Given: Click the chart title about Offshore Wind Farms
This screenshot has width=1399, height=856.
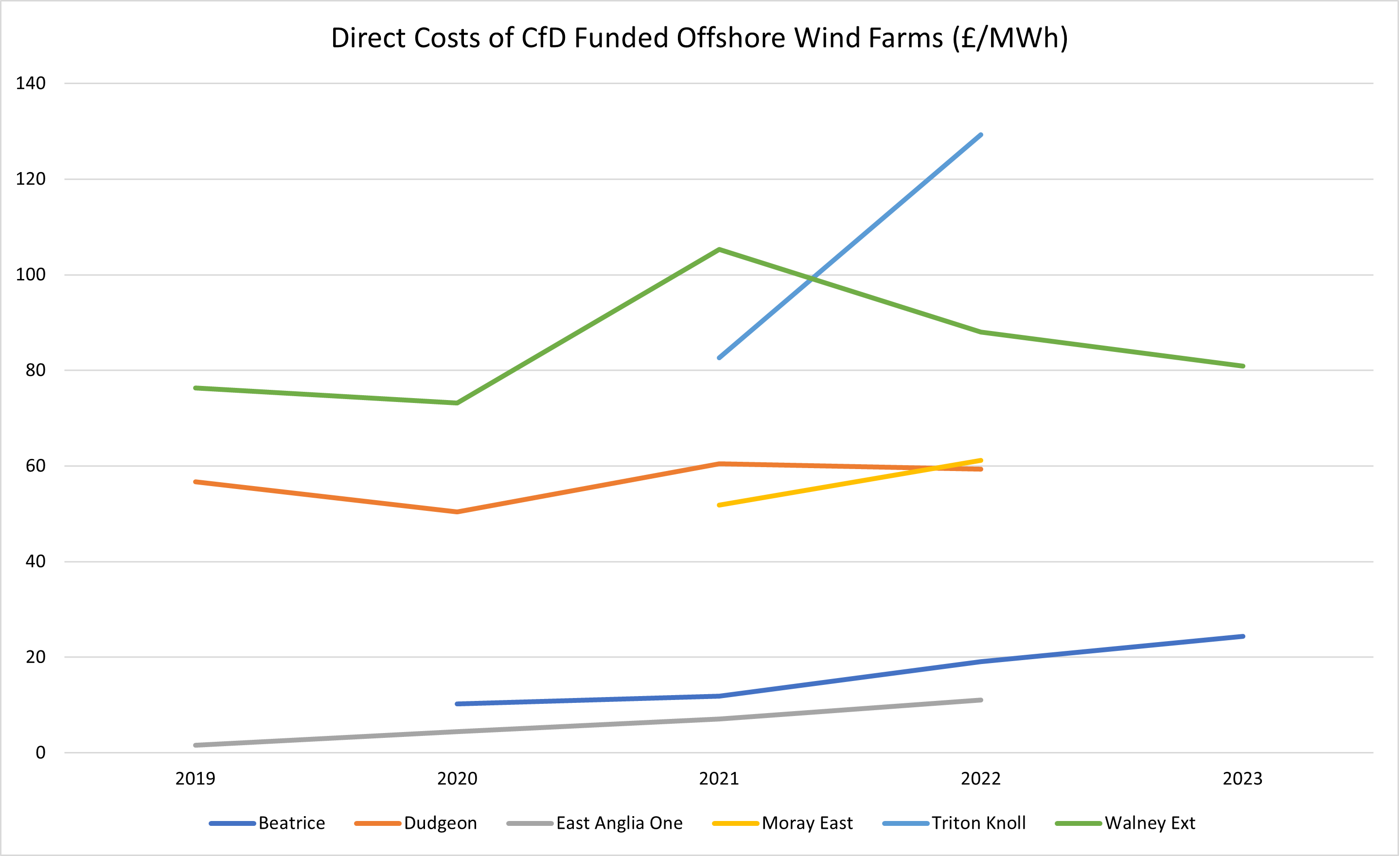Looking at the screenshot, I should pyautogui.click(x=699, y=38).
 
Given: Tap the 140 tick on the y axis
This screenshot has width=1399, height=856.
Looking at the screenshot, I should pyautogui.click(x=31, y=84).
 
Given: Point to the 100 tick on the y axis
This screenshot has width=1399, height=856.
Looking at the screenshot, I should pyautogui.click(x=31, y=275).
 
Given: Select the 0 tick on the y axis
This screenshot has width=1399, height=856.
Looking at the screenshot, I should pyautogui.click(x=40, y=752).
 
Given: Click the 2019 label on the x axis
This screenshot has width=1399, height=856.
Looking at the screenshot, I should pyautogui.click(x=195, y=778).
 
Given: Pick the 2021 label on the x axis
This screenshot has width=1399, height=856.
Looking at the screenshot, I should pyautogui.click(x=719, y=778).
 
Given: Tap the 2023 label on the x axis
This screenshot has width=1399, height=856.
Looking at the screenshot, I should pyautogui.click(x=1242, y=778).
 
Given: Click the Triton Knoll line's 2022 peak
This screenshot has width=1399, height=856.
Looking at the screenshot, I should pyautogui.click(x=981, y=135).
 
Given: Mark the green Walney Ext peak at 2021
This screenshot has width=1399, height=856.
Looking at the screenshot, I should pyautogui.click(x=719, y=250).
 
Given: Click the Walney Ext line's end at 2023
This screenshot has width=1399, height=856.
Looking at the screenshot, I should pyautogui.click(x=1242, y=366).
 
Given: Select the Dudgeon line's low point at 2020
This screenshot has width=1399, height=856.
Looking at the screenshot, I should pyautogui.click(x=457, y=511).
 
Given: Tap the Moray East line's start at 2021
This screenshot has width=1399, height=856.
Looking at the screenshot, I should pyautogui.click(x=719, y=505).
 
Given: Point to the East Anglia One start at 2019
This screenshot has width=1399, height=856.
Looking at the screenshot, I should pyautogui.click(x=195, y=745).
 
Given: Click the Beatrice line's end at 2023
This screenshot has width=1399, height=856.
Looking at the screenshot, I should pyautogui.click(x=1242, y=636).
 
